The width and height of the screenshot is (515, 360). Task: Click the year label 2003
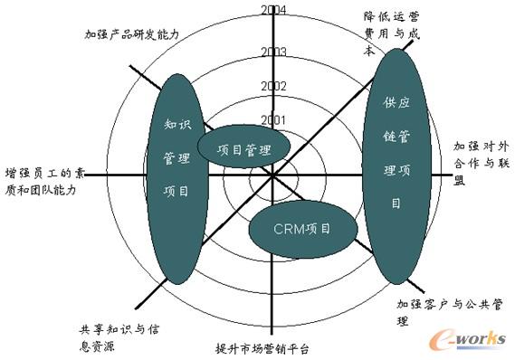[272, 52]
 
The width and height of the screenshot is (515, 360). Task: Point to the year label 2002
[272, 86]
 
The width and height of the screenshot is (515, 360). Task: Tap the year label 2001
[272, 120]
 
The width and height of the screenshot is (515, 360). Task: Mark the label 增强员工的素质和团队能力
[52, 181]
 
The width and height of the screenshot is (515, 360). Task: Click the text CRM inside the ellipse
[284, 227]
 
